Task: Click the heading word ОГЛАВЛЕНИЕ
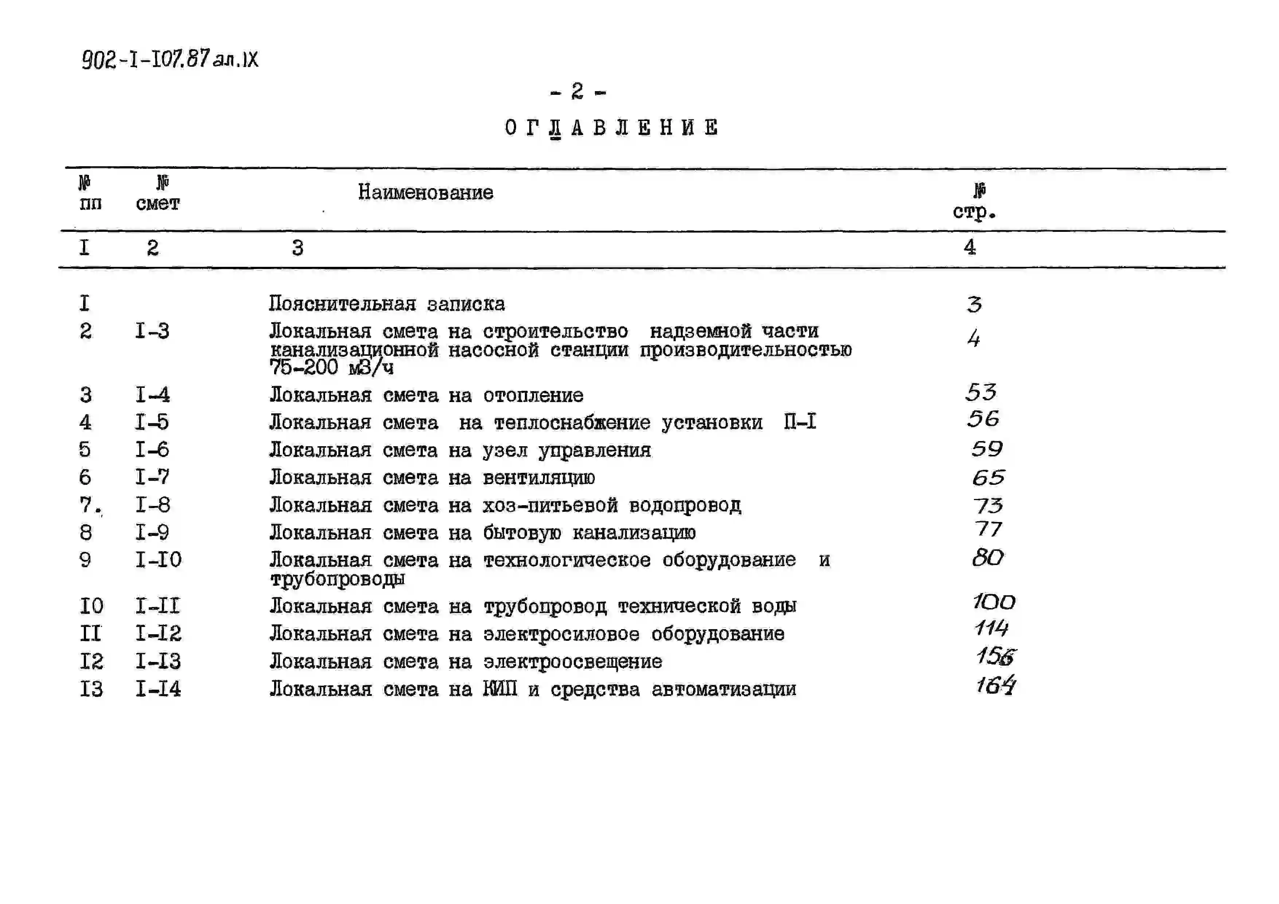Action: pos(611,128)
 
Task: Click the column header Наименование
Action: pos(426,192)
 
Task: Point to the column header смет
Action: pos(158,203)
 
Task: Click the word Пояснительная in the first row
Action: pos(342,304)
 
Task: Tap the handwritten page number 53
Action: pos(981,392)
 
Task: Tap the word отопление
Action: pos(533,395)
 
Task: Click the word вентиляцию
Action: pos(539,478)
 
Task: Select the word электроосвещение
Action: pos(573,662)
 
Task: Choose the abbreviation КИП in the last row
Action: pos(500,689)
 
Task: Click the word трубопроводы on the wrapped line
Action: pos(338,579)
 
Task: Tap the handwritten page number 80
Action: pos(988,558)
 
